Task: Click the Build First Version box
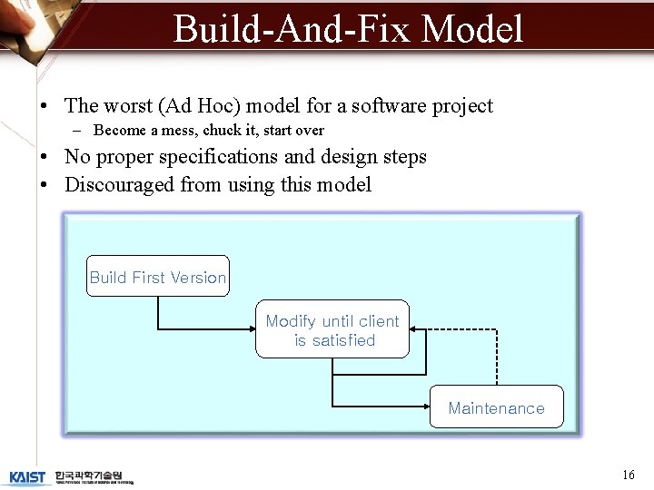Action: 158,277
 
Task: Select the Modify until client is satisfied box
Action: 332,329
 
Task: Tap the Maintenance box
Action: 496,407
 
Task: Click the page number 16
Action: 628,475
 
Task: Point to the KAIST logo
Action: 27,476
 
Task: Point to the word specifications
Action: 218,157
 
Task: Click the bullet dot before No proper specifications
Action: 45,158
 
